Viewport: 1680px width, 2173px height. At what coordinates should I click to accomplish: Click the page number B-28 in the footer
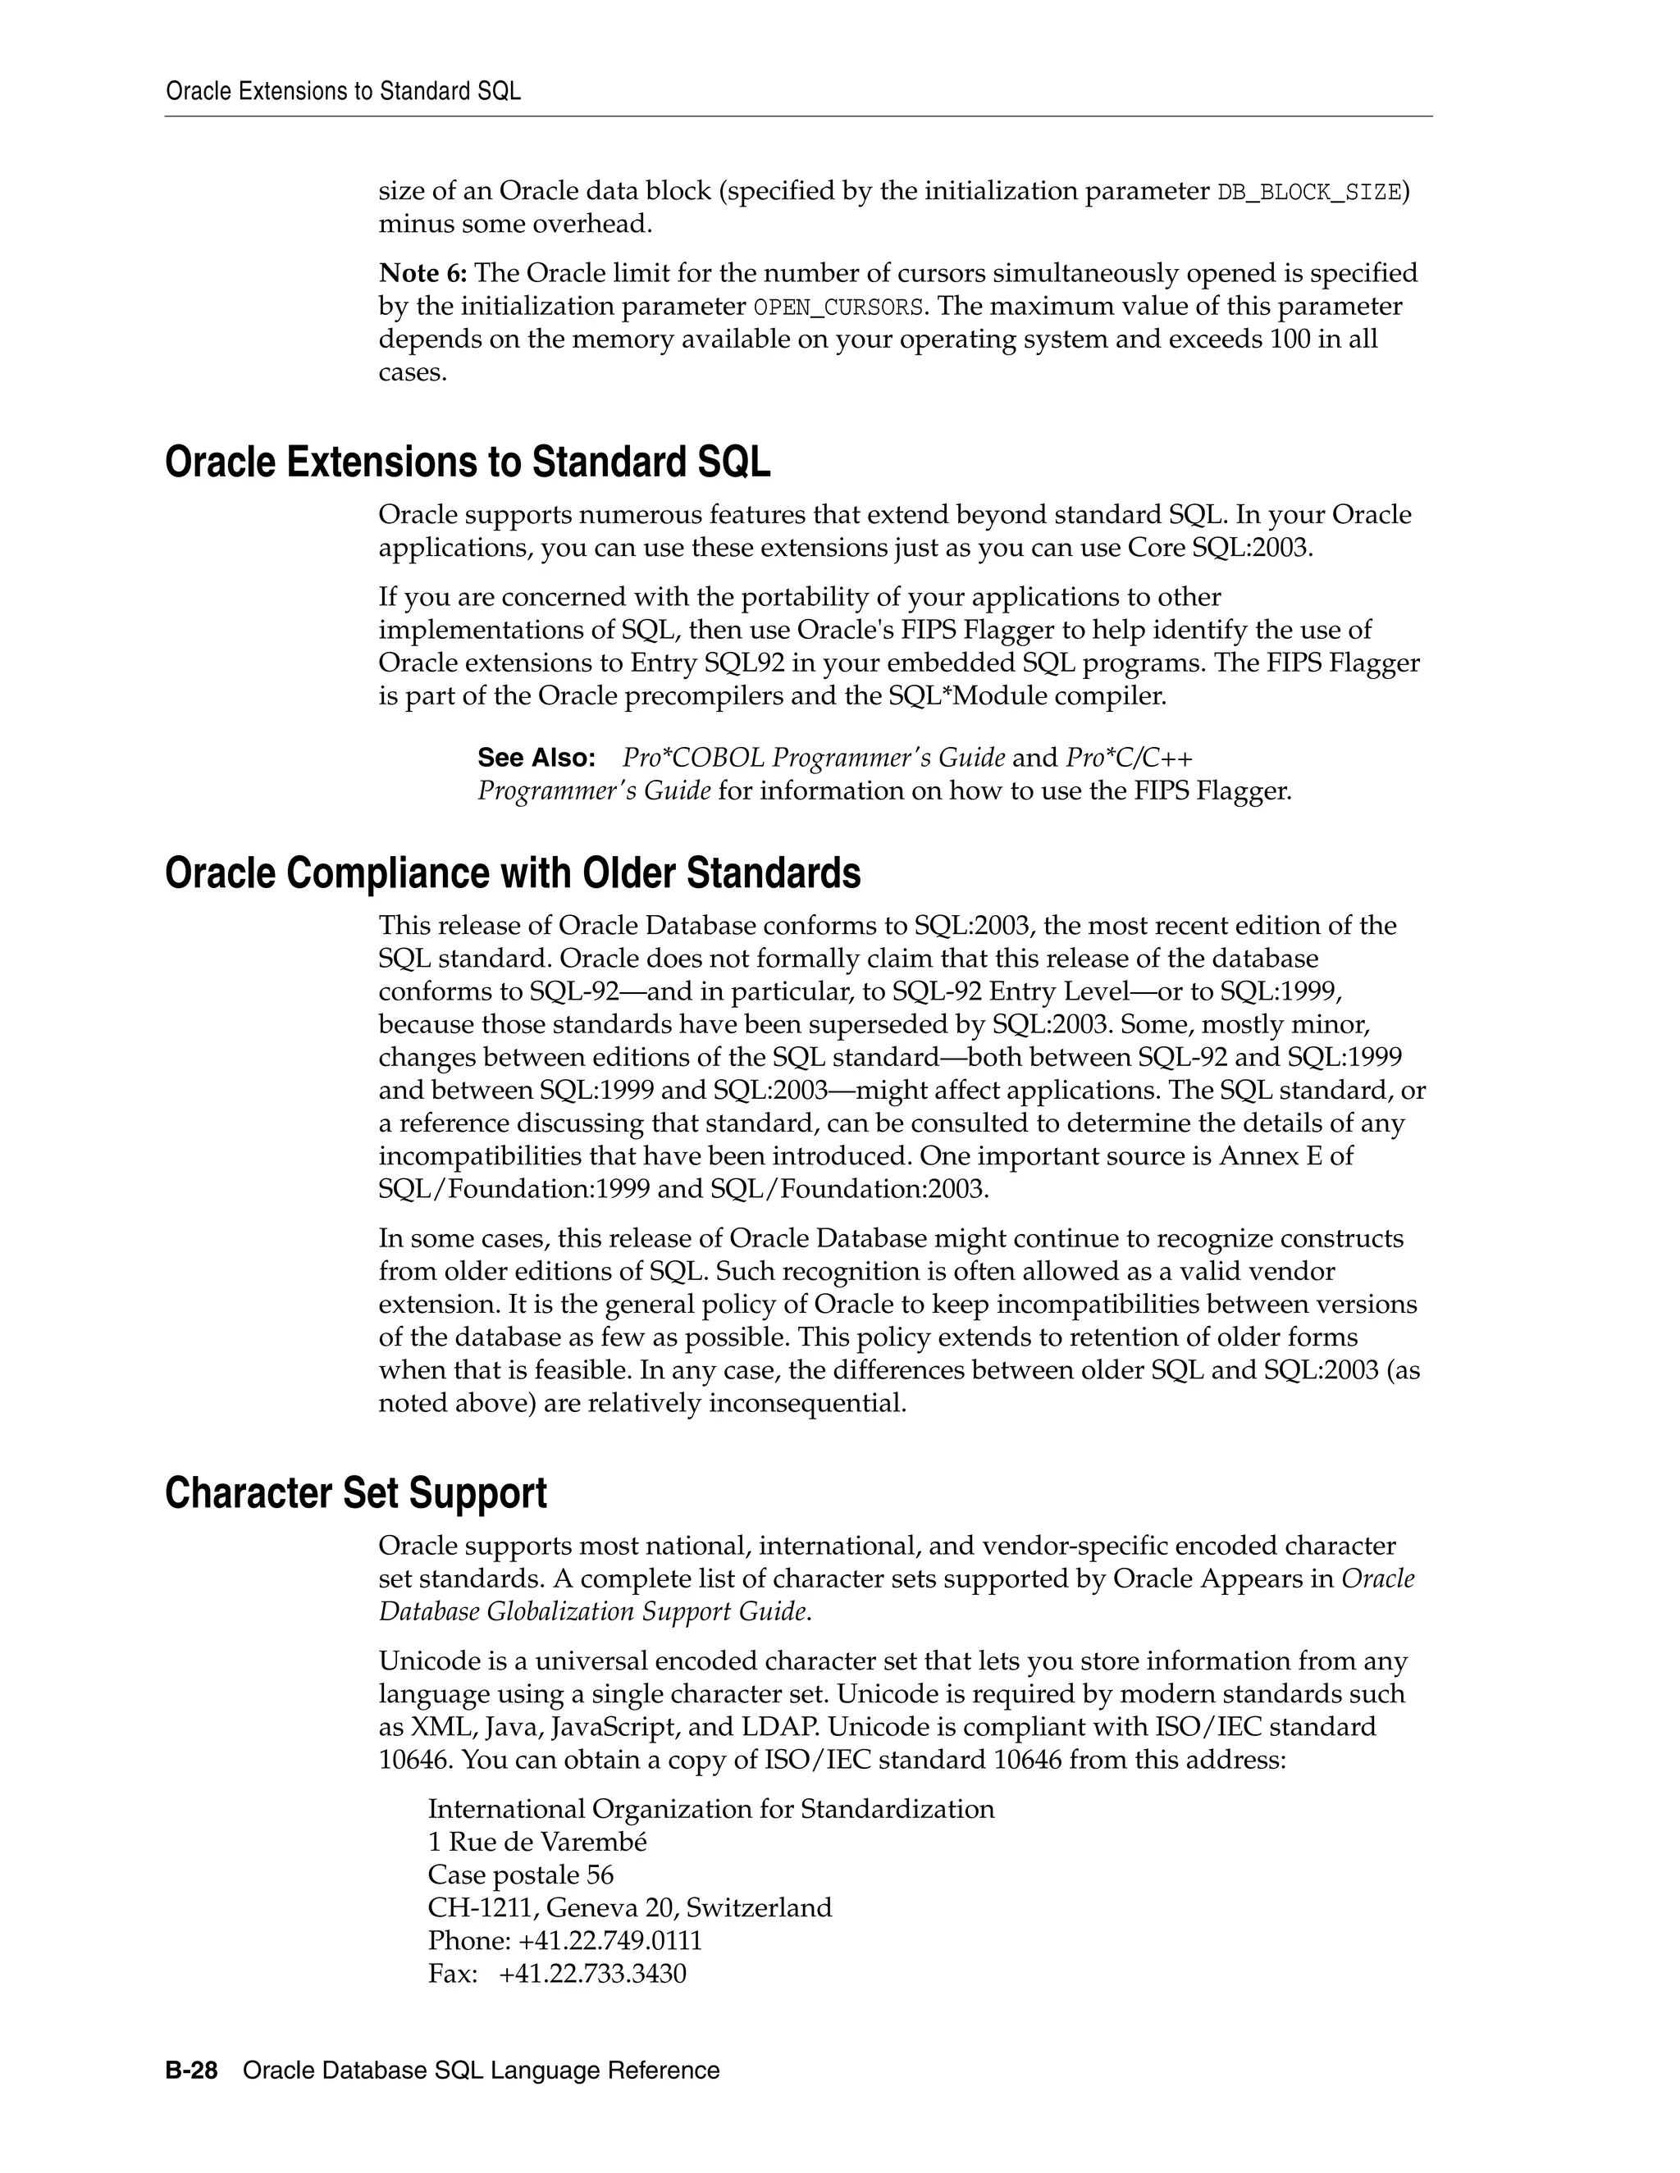coord(191,2070)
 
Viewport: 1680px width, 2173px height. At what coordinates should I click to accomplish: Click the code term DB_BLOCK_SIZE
coord(1308,192)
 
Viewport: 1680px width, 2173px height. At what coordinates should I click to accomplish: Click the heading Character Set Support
coord(355,1493)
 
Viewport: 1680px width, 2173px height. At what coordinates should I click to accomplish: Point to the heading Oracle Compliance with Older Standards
coord(512,872)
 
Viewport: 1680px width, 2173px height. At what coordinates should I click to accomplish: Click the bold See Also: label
coord(536,758)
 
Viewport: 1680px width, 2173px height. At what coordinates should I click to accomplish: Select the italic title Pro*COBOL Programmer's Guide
coord(813,758)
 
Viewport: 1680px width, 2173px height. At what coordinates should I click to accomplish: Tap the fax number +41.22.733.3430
coord(592,1973)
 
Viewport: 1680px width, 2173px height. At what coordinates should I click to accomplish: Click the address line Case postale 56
coord(521,1875)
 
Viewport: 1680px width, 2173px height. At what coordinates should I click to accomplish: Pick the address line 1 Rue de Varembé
coord(536,1842)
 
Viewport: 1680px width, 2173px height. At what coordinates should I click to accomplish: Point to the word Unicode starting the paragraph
coord(422,1660)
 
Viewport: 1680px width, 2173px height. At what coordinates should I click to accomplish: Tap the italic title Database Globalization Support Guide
coord(594,1610)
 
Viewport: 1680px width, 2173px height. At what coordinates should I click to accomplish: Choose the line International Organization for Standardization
coord(710,1809)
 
